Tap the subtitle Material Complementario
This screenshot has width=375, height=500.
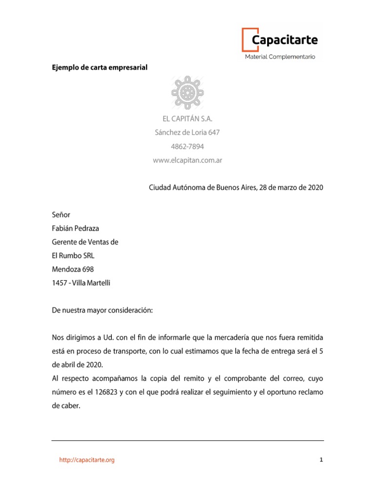click(x=280, y=57)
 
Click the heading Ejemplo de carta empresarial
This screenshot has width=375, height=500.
click(x=100, y=67)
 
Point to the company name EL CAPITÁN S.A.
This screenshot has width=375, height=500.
click(x=187, y=118)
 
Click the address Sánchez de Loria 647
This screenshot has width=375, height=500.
click(x=187, y=132)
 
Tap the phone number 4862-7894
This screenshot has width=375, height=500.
click(x=187, y=146)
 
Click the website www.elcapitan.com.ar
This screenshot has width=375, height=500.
click(x=187, y=160)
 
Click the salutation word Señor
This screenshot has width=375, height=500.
click(x=61, y=214)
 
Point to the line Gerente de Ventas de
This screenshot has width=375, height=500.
click(x=85, y=242)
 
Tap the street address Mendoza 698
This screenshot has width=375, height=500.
click(x=73, y=269)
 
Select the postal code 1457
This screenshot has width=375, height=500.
click(x=59, y=283)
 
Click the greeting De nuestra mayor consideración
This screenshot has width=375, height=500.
click(x=102, y=310)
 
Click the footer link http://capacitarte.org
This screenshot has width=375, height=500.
click(x=87, y=460)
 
